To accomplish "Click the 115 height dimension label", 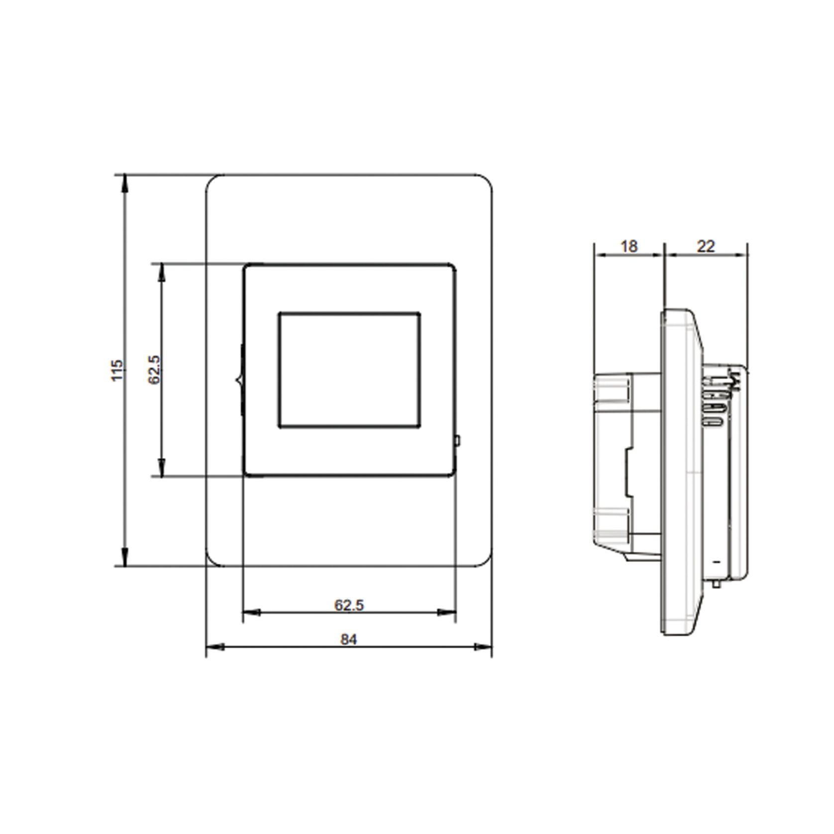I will click(116, 370).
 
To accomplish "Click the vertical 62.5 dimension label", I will click(154, 369).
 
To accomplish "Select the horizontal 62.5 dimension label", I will click(349, 605).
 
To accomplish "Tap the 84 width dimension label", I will click(349, 639).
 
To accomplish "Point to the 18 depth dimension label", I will click(629, 246).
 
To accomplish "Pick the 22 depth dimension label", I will click(706, 246).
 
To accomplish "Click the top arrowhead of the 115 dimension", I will click(125, 183).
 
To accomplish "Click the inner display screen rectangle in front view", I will click(349, 370).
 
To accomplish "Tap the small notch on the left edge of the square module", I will click(238, 381).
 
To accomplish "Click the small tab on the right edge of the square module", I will click(457, 440).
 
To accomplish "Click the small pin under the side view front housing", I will click(716, 583).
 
